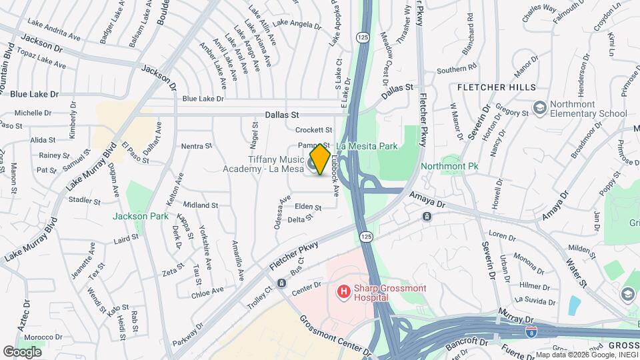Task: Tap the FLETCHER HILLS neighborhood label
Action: (496, 87)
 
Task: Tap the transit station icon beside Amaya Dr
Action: (427, 216)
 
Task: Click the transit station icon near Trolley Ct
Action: (281, 283)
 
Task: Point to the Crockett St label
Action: (313, 130)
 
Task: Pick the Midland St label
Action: (201, 205)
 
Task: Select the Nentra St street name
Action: (197, 145)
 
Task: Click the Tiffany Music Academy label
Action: (267, 163)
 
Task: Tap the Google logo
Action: (22, 351)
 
